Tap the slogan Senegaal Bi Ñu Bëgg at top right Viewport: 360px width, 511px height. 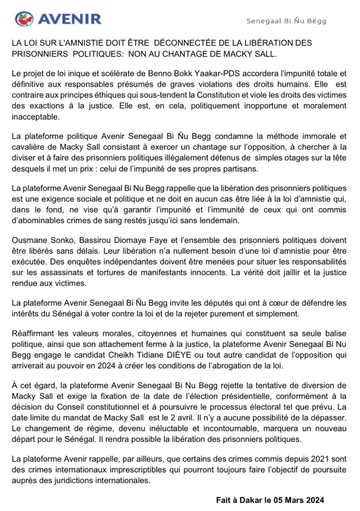286,21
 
